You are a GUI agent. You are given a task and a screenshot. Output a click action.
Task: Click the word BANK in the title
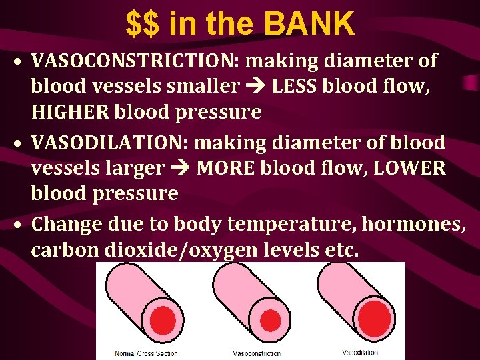point(309,24)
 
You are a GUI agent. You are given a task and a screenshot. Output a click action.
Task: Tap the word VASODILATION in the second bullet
point(117,142)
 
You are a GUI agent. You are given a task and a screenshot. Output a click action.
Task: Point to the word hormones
point(413,224)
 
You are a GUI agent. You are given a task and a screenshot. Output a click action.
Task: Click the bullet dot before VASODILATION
point(21,143)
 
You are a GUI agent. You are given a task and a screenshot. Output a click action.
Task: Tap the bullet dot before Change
point(21,225)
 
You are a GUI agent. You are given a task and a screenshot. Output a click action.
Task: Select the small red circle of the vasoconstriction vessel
point(270,321)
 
